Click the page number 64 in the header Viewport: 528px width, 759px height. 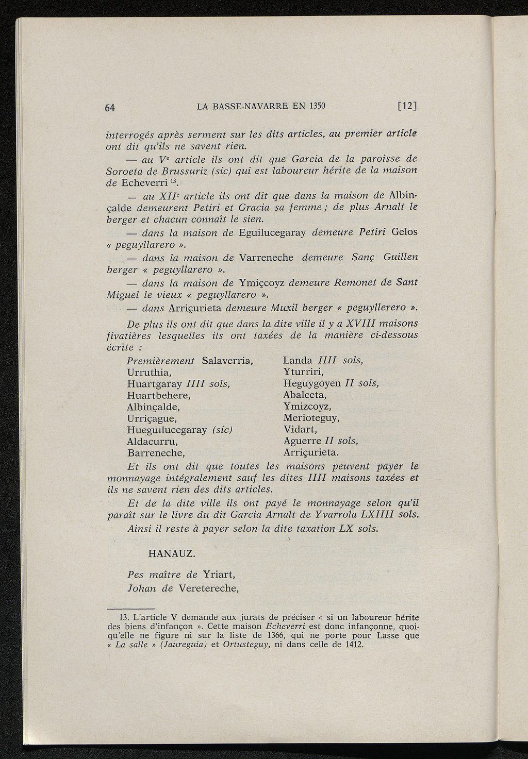pyautogui.click(x=109, y=107)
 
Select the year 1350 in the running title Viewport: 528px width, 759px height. pyautogui.click(x=317, y=106)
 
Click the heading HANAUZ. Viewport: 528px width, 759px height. pyautogui.click(x=171, y=554)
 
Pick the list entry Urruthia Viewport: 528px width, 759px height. pyautogui.click(x=149, y=372)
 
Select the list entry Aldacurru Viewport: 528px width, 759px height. pyautogui.click(x=152, y=442)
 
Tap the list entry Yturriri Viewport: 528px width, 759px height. pyautogui.click(x=303, y=372)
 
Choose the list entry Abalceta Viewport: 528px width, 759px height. pyautogui.click(x=305, y=395)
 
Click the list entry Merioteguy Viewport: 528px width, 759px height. pyautogui.click(x=311, y=418)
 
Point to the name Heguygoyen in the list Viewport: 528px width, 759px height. pyautogui.click(x=312, y=384)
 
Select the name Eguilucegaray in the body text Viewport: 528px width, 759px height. pyautogui.click(x=273, y=232)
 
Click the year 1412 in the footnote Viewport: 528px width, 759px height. pyautogui.click(x=353, y=645)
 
